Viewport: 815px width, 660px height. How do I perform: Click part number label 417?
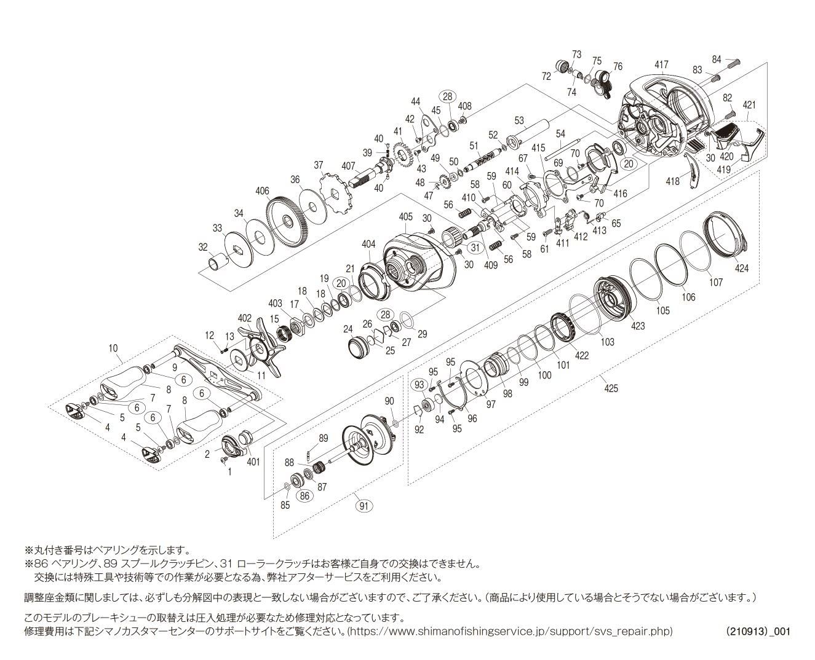coord(661,65)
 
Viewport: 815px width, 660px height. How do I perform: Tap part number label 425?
coord(611,388)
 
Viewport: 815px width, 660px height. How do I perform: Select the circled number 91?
coord(365,506)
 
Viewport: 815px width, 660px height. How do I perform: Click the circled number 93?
coord(419,384)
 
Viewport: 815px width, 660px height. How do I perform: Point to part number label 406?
coord(263,191)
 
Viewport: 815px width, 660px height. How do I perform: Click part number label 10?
coord(113,348)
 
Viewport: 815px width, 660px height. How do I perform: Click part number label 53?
coord(519,120)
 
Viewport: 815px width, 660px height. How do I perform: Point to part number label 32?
coord(204,247)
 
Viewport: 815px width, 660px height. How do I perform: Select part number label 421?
coord(749,105)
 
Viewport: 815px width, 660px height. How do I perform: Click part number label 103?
coord(607,341)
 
